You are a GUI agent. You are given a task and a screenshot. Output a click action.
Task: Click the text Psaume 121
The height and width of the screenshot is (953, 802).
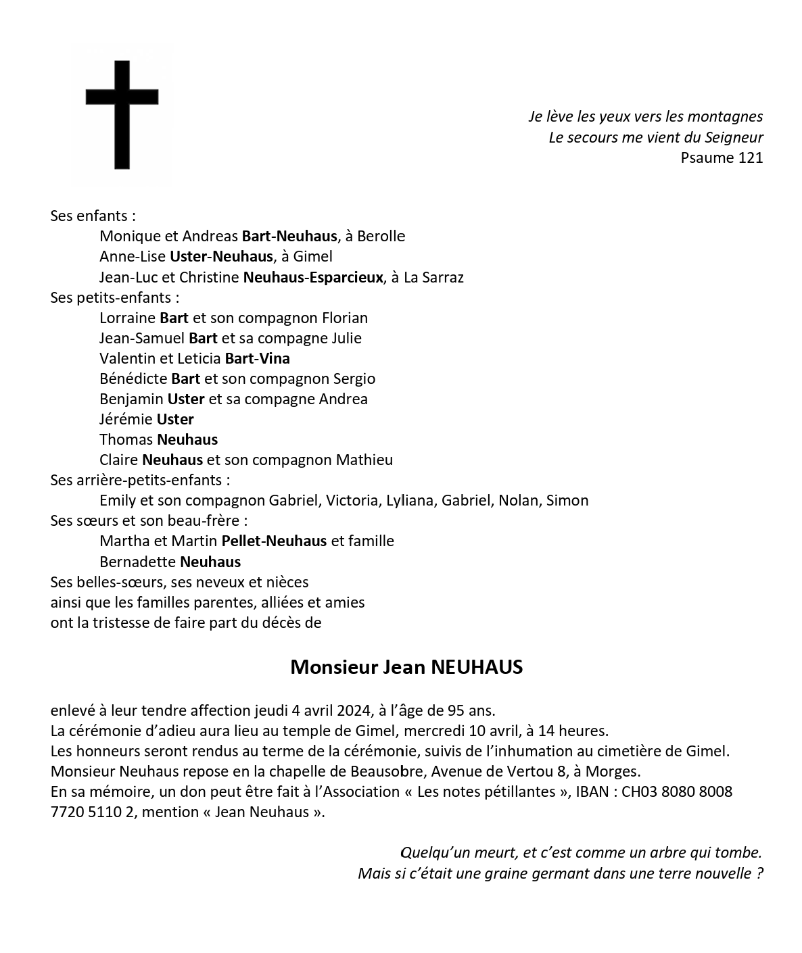pos(722,158)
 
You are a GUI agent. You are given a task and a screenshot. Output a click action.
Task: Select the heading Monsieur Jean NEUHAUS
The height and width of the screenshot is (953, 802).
pos(406,667)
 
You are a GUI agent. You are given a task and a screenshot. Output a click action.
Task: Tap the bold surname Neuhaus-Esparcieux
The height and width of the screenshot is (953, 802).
pos(312,277)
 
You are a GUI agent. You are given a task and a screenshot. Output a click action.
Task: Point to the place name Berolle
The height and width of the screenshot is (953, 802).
pos(381,237)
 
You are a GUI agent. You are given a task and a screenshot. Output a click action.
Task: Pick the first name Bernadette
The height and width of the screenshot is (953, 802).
pos(137,562)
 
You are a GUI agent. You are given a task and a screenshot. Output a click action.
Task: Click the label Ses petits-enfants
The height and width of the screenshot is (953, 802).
pos(114,297)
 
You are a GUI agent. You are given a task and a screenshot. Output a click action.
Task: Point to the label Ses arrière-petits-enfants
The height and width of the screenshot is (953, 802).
pos(139,481)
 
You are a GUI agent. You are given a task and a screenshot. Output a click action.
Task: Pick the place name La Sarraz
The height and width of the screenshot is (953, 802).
pos(433,277)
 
